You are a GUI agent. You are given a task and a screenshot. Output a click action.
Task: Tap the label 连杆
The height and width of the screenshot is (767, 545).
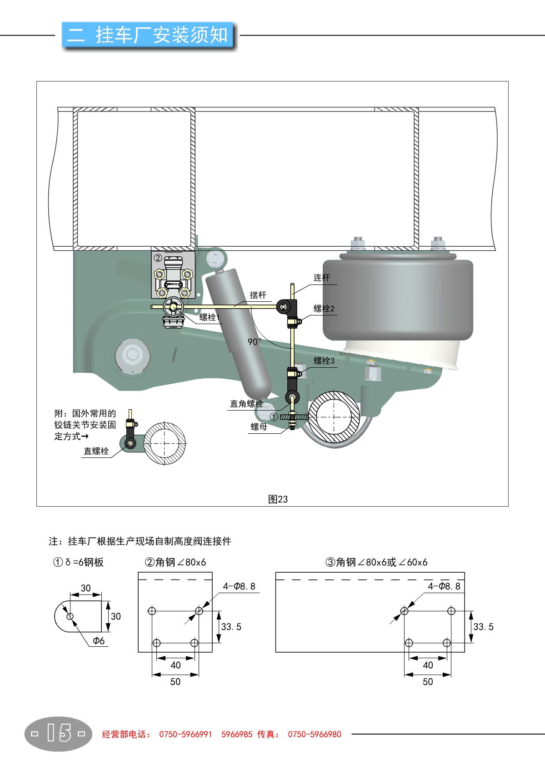click(x=322, y=278)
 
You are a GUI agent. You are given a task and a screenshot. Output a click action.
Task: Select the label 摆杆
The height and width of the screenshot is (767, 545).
click(x=258, y=295)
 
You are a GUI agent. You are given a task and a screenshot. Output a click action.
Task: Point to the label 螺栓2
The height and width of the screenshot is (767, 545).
click(x=324, y=309)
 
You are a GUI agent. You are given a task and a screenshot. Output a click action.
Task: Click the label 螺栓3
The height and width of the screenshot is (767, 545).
click(x=324, y=361)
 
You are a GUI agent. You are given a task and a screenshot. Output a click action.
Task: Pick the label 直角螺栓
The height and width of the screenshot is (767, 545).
click(x=246, y=404)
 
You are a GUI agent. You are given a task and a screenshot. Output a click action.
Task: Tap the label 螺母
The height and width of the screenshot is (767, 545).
click(x=259, y=427)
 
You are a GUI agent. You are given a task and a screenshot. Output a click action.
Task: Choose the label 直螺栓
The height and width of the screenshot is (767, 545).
click(x=96, y=451)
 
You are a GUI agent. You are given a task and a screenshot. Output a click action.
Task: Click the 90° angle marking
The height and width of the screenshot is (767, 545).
click(x=255, y=341)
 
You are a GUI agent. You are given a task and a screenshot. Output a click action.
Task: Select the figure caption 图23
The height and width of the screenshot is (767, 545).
click(x=278, y=499)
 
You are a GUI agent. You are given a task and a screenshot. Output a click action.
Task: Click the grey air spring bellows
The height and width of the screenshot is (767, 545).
click(x=398, y=300)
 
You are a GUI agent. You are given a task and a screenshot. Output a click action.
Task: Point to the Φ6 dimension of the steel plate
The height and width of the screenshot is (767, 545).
click(x=99, y=641)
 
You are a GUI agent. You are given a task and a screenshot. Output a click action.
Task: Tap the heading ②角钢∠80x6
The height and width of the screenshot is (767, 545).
click(x=175, y=562)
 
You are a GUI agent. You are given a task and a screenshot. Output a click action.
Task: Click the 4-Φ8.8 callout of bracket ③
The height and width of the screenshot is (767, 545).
click(x=444, y=586)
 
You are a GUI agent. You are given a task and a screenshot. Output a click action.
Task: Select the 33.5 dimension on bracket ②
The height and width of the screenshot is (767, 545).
click(x=231, y=627)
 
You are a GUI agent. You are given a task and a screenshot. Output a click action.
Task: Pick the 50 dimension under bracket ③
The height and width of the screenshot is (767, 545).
click(x=428, y=681)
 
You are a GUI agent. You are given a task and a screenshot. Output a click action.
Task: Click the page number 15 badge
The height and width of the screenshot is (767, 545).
click(x=59, y=734)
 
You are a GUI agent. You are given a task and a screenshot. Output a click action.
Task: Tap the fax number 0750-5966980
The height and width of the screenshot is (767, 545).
click(x=315, y=734)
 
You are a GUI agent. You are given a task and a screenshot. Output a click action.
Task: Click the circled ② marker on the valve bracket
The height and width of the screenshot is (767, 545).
click(x=158, y=258)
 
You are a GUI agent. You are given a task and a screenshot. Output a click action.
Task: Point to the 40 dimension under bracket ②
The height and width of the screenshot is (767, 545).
click(x=175, y=665)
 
